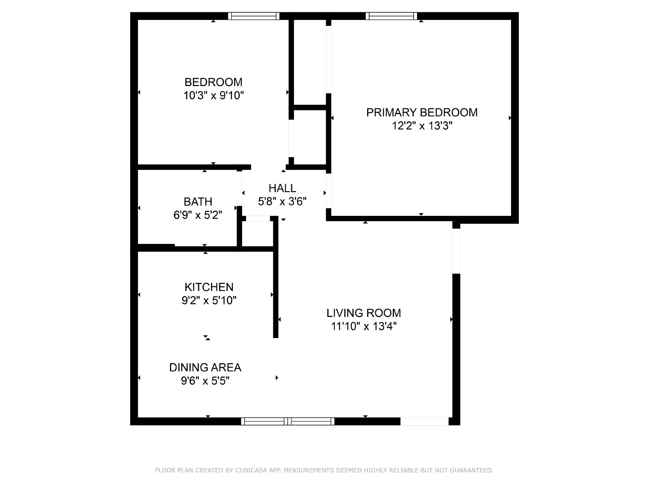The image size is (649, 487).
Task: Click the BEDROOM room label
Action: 213,82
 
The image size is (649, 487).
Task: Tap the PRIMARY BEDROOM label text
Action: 421,112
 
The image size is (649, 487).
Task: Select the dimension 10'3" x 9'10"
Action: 213,95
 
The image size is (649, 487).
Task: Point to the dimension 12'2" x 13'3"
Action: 422,126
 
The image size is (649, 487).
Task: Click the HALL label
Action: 282,188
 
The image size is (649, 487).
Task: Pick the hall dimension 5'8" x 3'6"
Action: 282,201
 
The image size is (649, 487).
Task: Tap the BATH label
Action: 198,202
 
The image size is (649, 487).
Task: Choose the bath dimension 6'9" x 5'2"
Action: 198,215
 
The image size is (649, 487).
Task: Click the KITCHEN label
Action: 209,287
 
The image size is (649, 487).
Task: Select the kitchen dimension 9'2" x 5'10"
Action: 209,300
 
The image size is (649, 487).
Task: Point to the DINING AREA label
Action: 205,368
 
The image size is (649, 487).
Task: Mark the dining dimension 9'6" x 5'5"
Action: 205,381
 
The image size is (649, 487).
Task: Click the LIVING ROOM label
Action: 364,313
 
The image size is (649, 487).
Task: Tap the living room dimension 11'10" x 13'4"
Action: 364,326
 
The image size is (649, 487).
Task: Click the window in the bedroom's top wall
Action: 254,16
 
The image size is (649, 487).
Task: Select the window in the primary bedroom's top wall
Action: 391,16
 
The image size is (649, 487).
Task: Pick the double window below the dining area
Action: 288,421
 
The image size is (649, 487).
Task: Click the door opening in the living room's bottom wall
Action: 425,421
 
